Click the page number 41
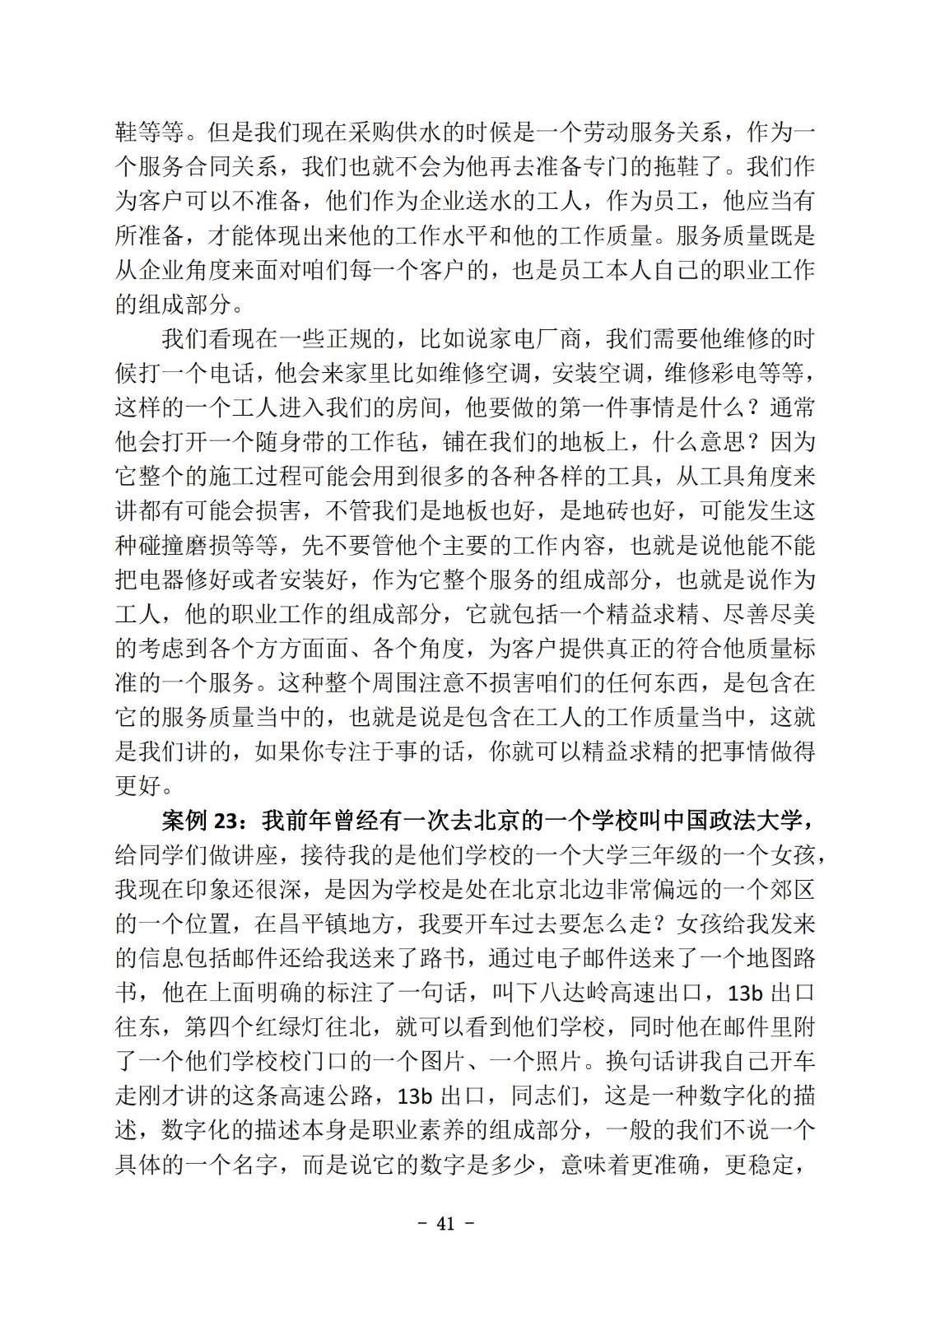pyautogui.click(x=445, y=1223)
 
